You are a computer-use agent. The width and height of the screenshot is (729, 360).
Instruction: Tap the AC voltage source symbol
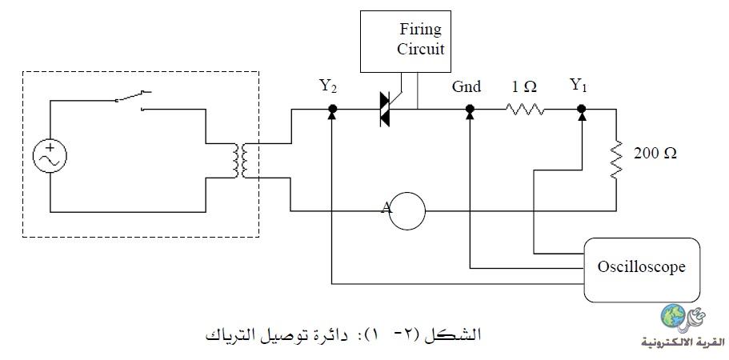[x=50, y=156]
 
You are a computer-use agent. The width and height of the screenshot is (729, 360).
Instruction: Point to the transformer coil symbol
[x=241, y=161]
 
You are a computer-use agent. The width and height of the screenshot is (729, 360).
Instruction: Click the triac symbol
[x=385, y=110]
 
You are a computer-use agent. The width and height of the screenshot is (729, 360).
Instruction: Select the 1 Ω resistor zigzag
[x=525, y=110]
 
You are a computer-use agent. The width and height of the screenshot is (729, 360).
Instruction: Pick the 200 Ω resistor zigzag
[x=616, y=159]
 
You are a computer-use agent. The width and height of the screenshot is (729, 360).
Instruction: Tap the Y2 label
[x=328, y=86]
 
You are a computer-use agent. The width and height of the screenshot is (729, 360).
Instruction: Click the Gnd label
[x=467, y=87]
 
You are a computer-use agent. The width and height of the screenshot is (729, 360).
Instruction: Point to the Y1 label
[x=578, y=86]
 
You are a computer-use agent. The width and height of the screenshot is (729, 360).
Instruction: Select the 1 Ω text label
[x=524, y=87]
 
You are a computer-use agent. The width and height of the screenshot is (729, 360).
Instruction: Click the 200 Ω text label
[x=655, y=154]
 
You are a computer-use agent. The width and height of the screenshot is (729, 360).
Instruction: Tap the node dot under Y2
[x=332, y=109]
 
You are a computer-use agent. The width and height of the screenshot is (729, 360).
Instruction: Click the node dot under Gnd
[x=470, y=109]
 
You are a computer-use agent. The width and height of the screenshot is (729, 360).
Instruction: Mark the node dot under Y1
[x=581, y=109]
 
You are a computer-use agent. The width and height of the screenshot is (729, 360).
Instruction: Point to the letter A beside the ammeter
[x=386, y=208]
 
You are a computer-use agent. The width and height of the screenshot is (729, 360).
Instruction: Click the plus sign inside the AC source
[x=50, y=148]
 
